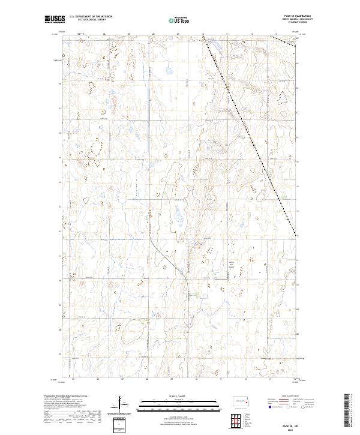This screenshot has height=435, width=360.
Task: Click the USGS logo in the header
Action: pos(55,20)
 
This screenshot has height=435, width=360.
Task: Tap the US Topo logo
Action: pos(179,19)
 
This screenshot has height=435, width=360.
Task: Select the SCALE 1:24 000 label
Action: pos(179,395)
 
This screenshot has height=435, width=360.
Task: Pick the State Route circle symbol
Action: pos(305,406)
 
